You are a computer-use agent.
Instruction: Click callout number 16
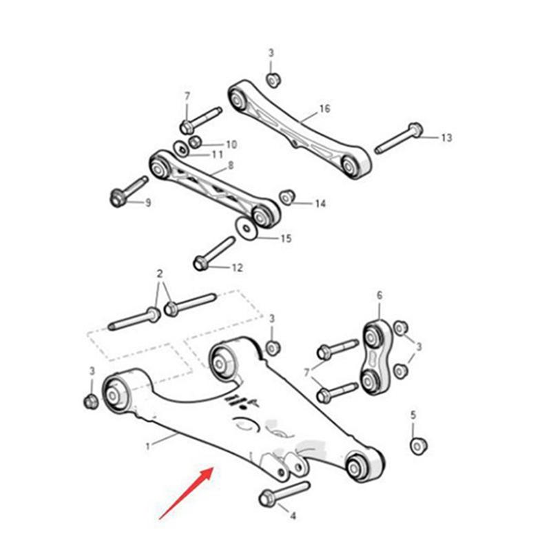coord(325,110)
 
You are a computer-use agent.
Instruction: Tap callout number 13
coord(446,138)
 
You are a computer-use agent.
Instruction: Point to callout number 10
coord(231,145)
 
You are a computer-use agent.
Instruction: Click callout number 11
coord(218,155)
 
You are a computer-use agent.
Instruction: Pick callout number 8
coord(230,166)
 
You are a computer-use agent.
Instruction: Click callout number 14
coord(320,204)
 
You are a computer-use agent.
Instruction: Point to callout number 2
coord(160,274)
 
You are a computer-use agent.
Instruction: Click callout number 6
coord(379,296)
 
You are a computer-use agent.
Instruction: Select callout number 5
coord(413,415)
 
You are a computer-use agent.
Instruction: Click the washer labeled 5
coord(418,446)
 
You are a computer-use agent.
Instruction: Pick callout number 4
coord(292,516)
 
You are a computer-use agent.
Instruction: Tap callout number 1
coord(147,446)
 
